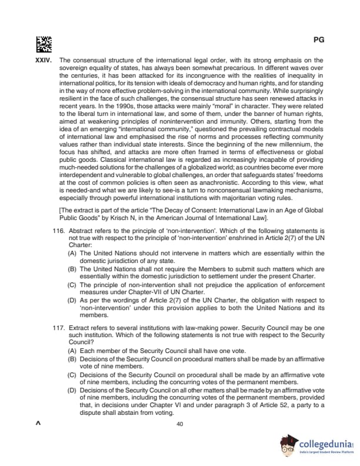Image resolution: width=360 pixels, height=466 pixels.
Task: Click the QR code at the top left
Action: point(44,44)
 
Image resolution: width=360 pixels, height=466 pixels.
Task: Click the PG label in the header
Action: point(319,40)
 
